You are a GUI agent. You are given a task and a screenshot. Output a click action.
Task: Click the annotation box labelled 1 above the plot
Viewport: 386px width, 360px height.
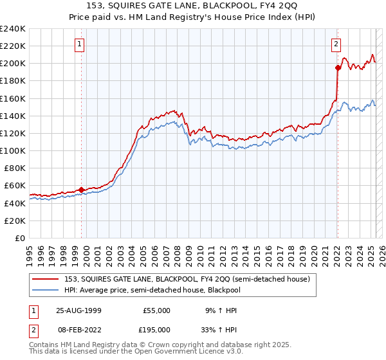pos(79,44)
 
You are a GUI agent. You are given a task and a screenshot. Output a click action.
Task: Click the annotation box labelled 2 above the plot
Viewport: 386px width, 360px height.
pos(336,44)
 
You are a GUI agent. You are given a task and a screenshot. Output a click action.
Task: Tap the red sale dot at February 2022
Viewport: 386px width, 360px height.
pos(338,67)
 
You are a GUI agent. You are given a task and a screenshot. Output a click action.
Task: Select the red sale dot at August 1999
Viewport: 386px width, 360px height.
pos(82,190)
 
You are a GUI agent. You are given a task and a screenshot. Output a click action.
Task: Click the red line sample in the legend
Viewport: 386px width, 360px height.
pos(47,279)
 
